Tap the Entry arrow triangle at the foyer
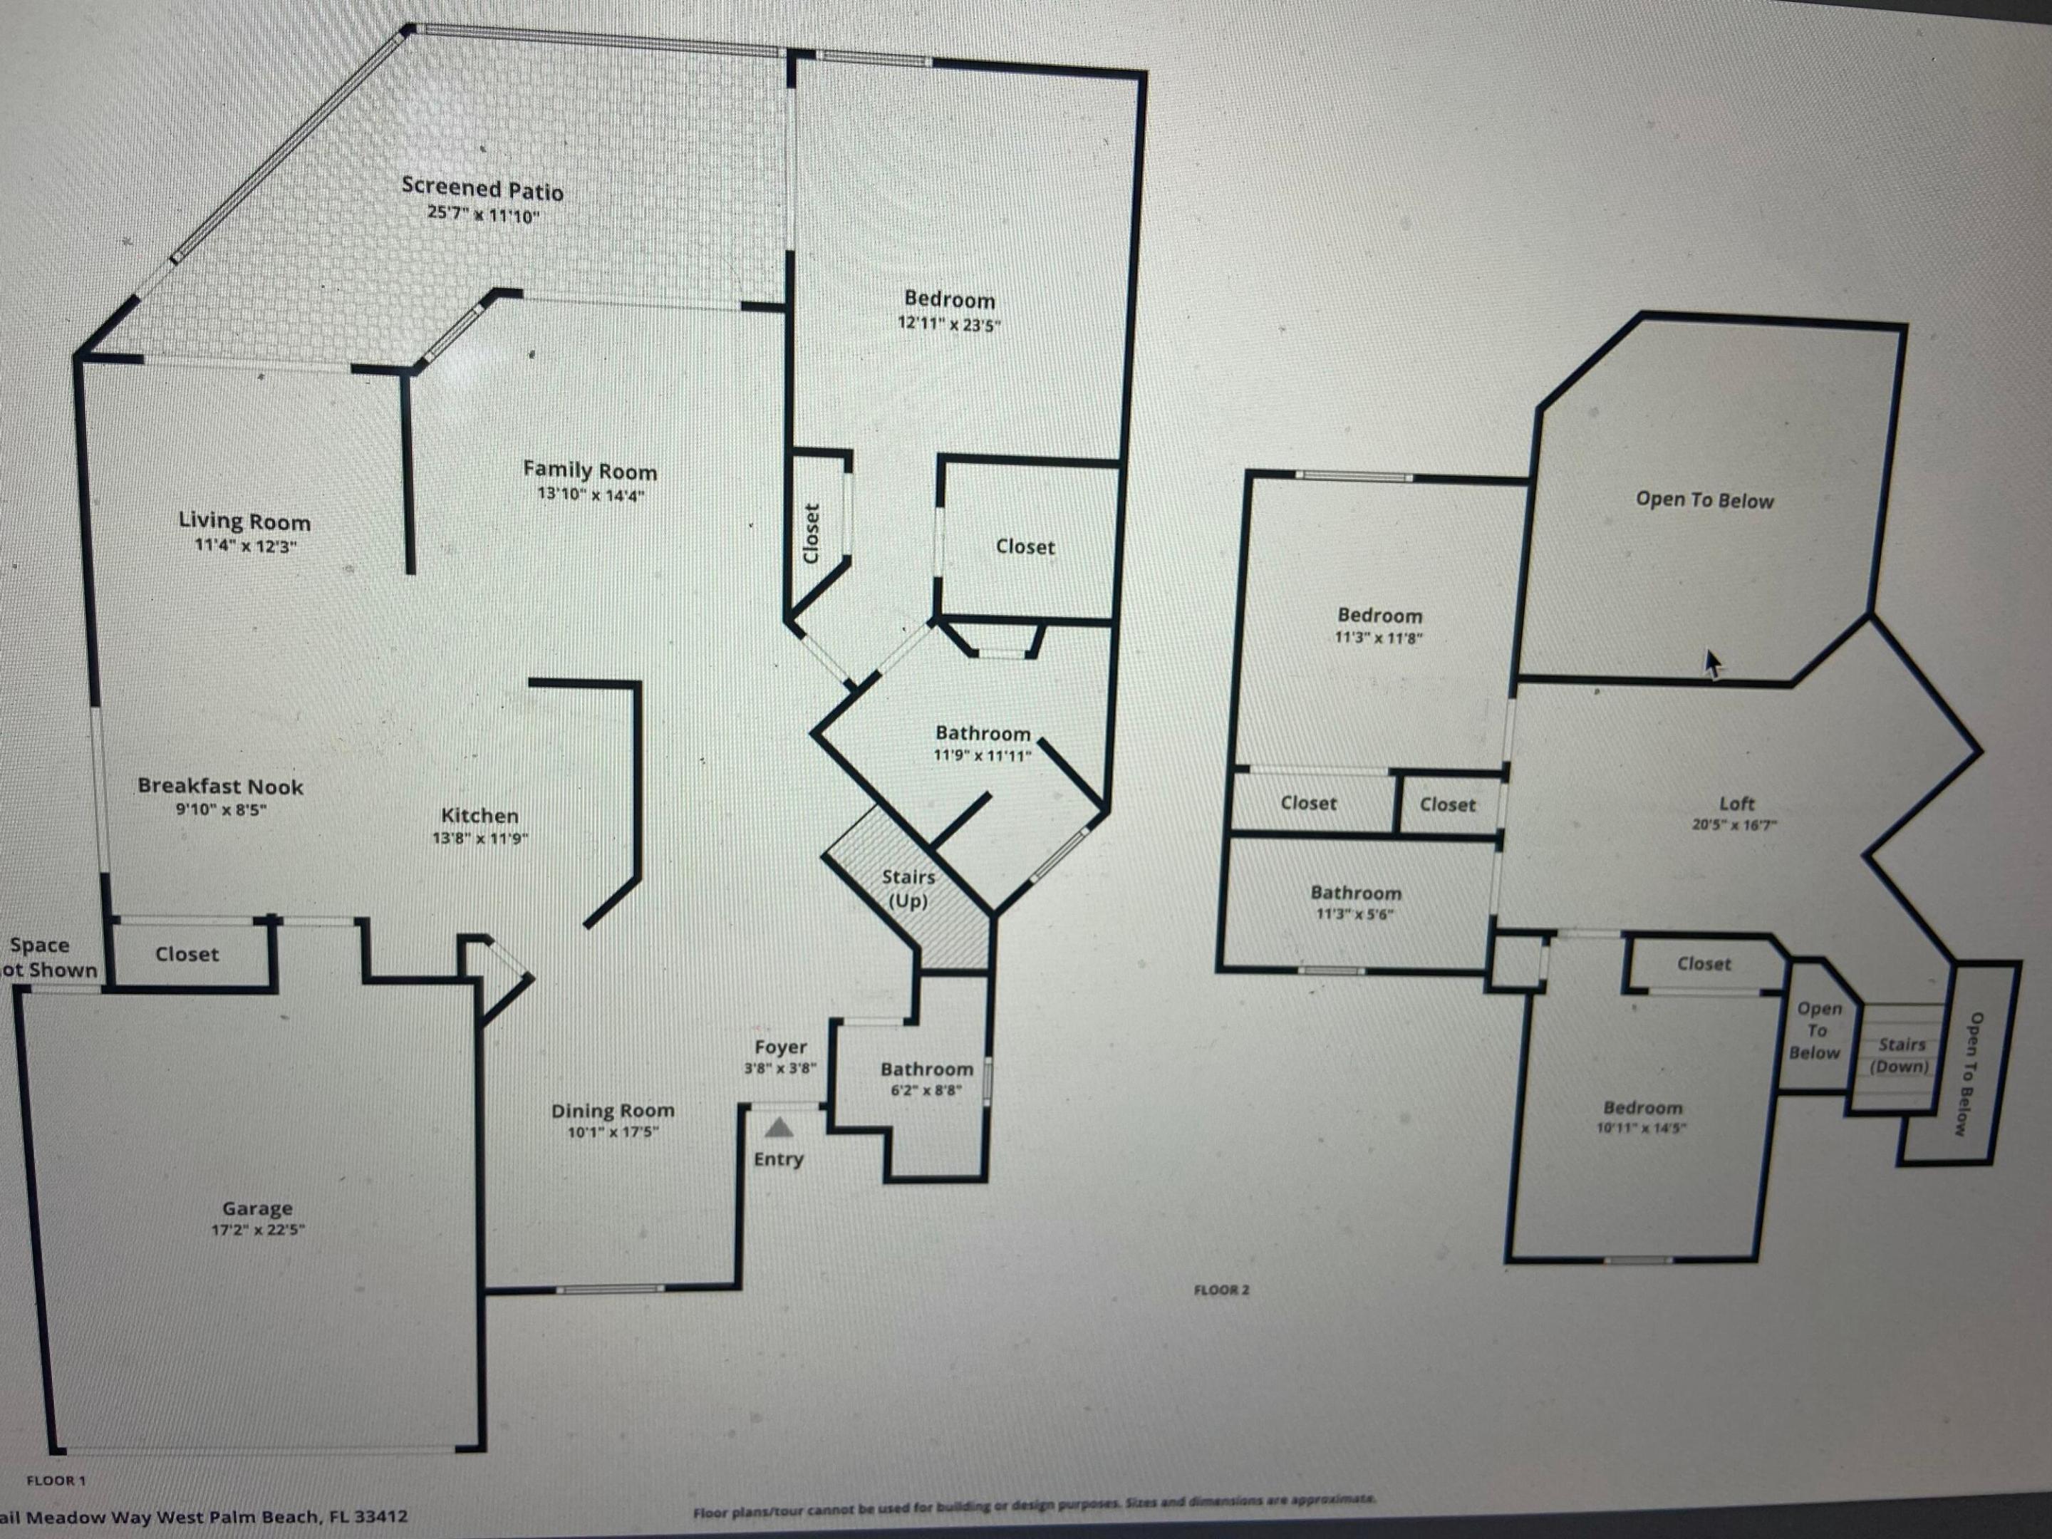(779, 1128)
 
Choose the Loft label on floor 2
(1736, 804)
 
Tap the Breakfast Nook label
(220, 787)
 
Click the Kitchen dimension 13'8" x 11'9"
(480, 839)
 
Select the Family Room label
(589, 471)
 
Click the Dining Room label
(612, 1110)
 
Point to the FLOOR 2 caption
(1221, 1290)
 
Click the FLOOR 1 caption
(56, 1480)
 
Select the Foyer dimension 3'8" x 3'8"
(779, 1068)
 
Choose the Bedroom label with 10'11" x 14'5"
(1642, 1108)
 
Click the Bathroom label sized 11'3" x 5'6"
(1355, 893)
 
